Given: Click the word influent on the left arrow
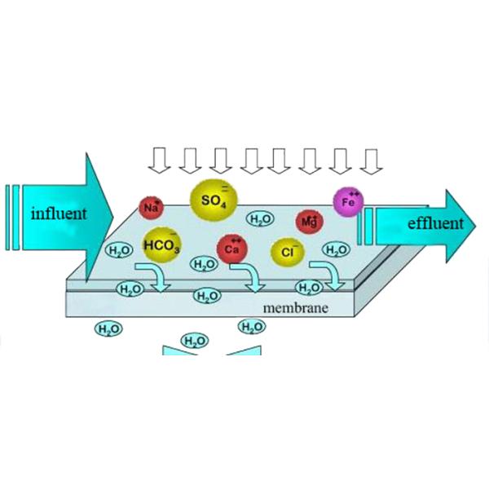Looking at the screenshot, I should (x=59, y=214).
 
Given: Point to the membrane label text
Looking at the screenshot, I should (x=296, y=308).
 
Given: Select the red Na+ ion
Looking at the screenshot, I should (x=151, y=208).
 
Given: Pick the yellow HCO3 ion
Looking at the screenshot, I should (x=161, y=244).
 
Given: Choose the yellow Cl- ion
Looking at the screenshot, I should (x=287, y=252).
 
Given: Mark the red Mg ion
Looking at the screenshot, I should (x=309, y=221).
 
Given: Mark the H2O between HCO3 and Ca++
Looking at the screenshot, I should (x=203, y=264).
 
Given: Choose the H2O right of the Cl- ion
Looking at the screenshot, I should (x=335, y=249).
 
